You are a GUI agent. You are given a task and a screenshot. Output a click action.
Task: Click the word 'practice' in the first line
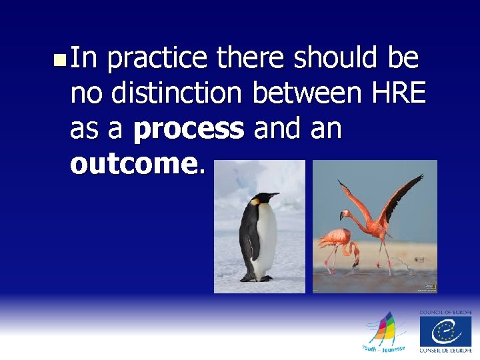[x=157, y=60]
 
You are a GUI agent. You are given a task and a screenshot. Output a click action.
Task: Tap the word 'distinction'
[x=179, y=94]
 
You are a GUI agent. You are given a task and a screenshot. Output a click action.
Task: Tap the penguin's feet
[x=257, y=279]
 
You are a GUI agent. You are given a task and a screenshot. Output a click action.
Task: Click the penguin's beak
[x=274, y=195]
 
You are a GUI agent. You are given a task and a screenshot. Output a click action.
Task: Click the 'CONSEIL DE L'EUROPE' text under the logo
[x=445, y=350]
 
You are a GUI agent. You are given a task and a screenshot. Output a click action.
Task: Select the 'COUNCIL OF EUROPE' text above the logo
[x=445, y=312]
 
